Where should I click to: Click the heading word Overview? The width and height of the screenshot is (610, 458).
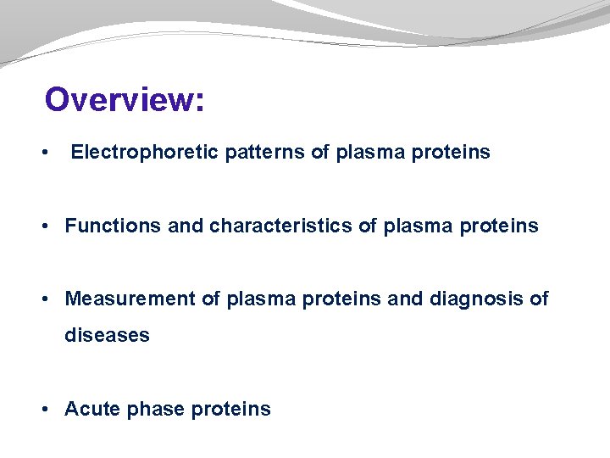point(119,99)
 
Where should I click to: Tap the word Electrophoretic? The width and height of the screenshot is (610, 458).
point(145,153)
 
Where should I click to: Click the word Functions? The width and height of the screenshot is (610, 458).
point(112,226)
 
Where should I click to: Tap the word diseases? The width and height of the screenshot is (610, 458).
point(107,335)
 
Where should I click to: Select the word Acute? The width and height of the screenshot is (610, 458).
point(92,409)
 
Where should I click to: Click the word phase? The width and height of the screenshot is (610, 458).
point(156,410)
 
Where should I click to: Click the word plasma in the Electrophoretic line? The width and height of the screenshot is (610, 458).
point(366,153)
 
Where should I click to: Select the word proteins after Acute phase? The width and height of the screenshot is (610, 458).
point(231,410)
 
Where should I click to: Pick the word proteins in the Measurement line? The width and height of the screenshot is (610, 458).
point(347,299)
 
